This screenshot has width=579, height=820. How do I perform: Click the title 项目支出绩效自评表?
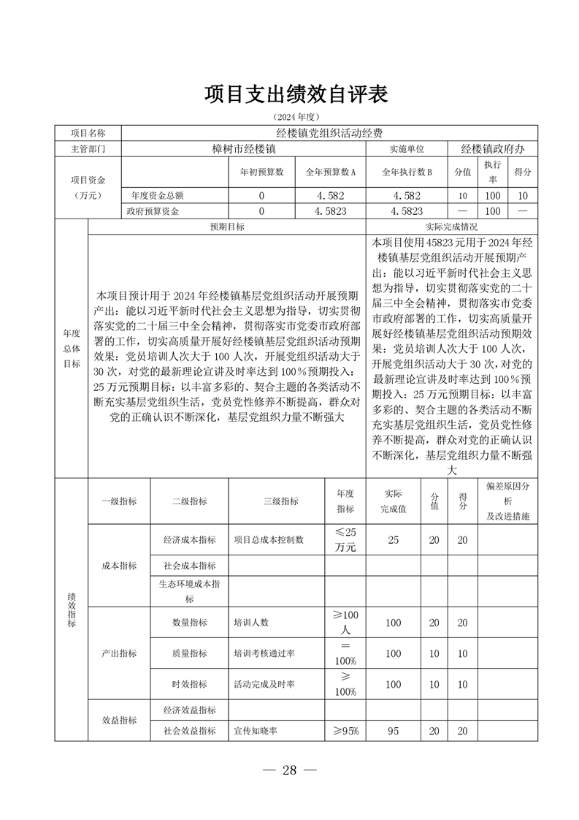pos(295,94)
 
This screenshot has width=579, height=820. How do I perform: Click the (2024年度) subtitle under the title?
pos(296,117)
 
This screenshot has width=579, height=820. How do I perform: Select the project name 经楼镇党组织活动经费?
pos(329,133)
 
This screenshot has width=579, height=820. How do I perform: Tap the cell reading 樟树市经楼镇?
pos(243,148)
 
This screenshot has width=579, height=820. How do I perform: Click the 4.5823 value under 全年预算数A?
pos(330,211)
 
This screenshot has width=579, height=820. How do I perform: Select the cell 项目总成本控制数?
pos(268,540)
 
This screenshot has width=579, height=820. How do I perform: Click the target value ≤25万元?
pos(345,540)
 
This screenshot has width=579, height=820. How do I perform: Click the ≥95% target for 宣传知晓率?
pos(345,730)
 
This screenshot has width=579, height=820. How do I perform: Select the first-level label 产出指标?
pos(119,653)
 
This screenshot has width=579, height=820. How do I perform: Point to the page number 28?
pos(290,771)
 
